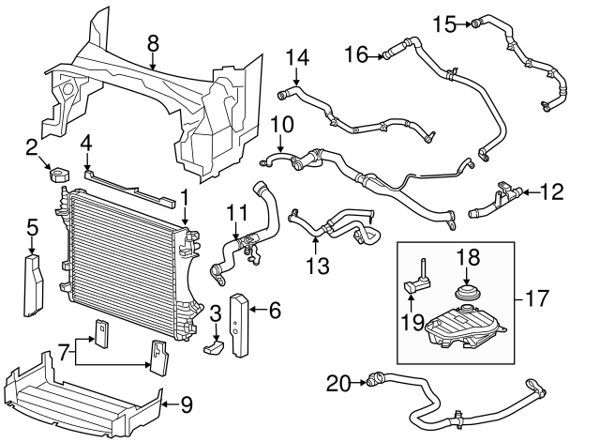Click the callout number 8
tap(152, 44)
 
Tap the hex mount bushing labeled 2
tap(59, 175)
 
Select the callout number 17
tap(537, 298)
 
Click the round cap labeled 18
tap(466, 294)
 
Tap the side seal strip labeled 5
tap(34, 285)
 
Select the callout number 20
tap(337, 384)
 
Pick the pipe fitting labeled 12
tap(496, 200)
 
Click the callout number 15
tap(444, 24)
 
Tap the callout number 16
tap(356, 54)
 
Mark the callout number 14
tap(297, 57)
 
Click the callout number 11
tap(236, 213)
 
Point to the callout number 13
tap(319, 266)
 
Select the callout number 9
tap(187, 404)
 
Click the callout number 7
tap(64, 352)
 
